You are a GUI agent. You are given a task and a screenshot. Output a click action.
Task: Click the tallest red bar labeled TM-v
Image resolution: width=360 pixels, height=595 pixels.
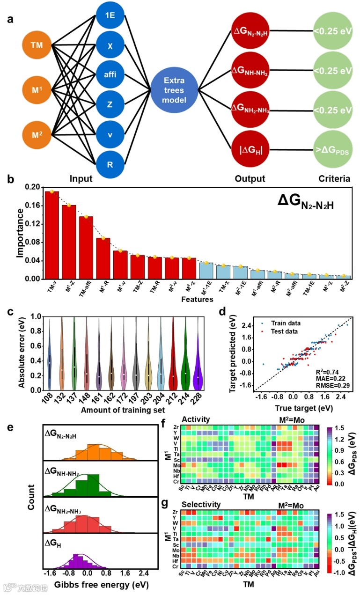pos(51,235)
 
